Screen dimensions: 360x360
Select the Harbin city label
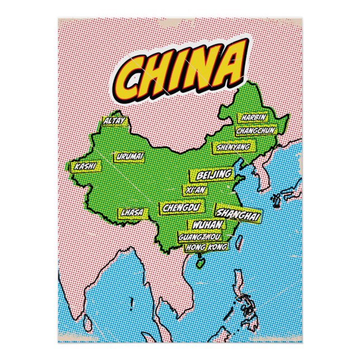click(253, 118)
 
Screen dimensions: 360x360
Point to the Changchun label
click(256, 130)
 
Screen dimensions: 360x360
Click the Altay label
click(115, 121)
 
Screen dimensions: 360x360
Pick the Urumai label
click(131, 156)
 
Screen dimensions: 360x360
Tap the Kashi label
click(86, 166)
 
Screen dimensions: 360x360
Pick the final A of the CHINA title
click(232, 65)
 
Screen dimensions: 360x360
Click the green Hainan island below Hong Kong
click(200, 260)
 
